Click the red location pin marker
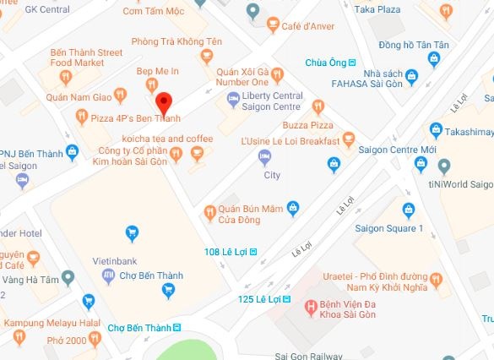click(166, 103)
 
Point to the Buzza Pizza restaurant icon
click(318, 106)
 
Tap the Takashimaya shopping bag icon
click(436, 129)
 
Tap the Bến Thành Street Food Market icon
click(66, 79)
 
